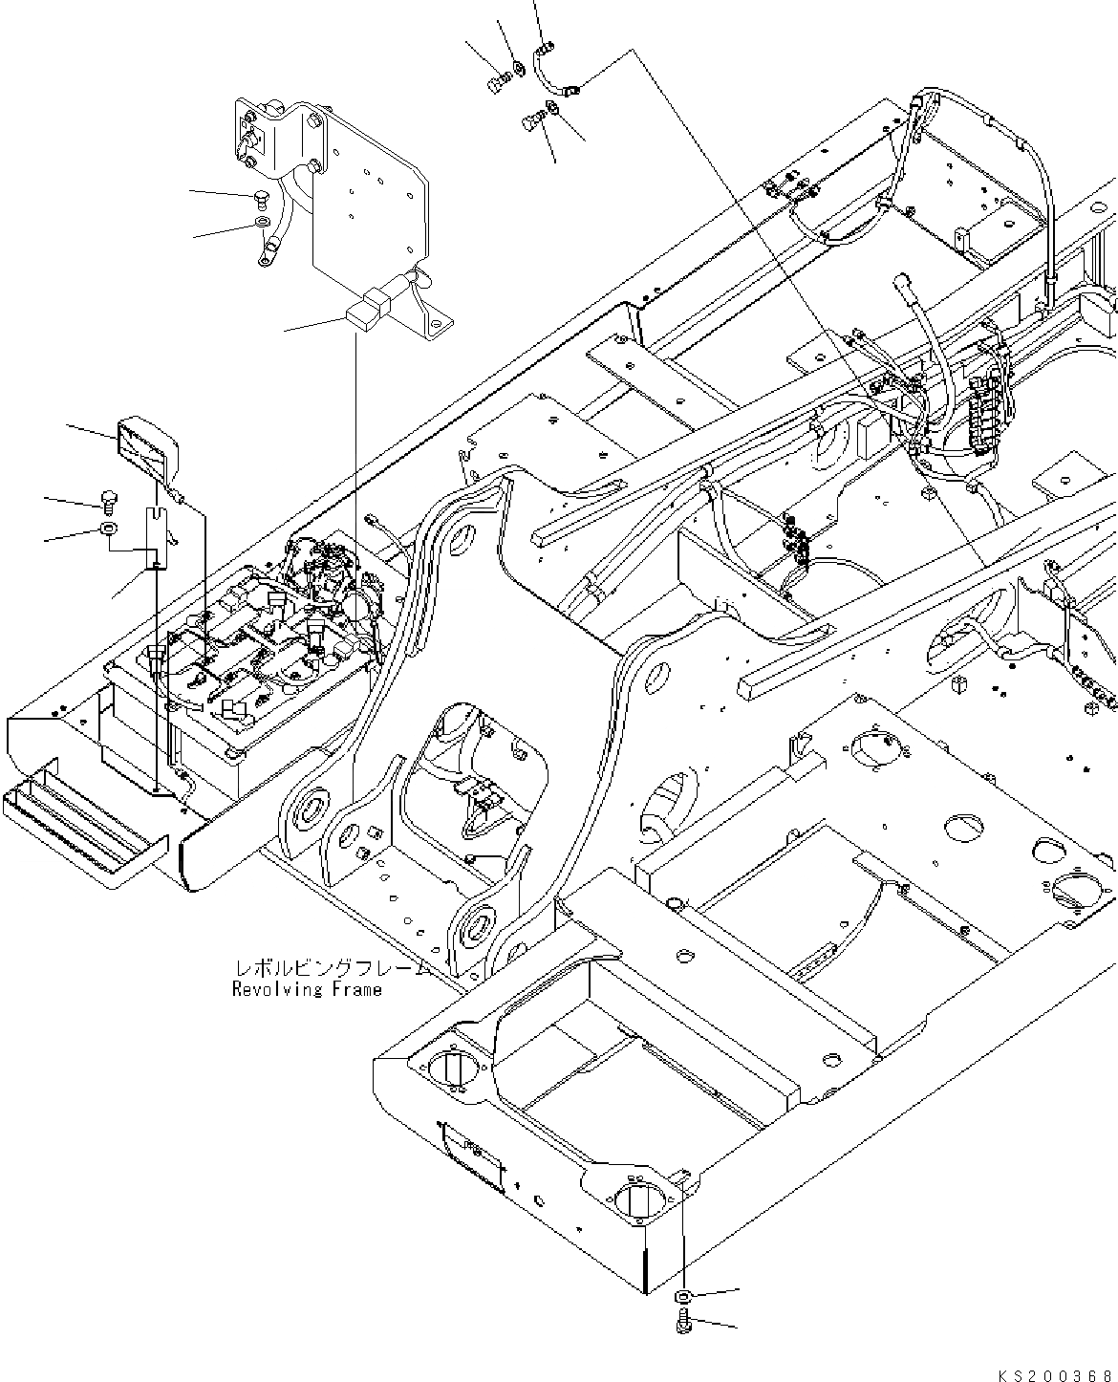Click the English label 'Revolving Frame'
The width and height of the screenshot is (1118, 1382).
(307, 990)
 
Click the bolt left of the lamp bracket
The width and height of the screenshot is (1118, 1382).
(107, 499)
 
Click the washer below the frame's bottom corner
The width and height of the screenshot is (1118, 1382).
(683, 1296)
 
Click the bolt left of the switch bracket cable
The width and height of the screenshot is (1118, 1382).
(261, 199)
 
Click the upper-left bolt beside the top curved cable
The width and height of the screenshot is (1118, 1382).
(497, 85)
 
